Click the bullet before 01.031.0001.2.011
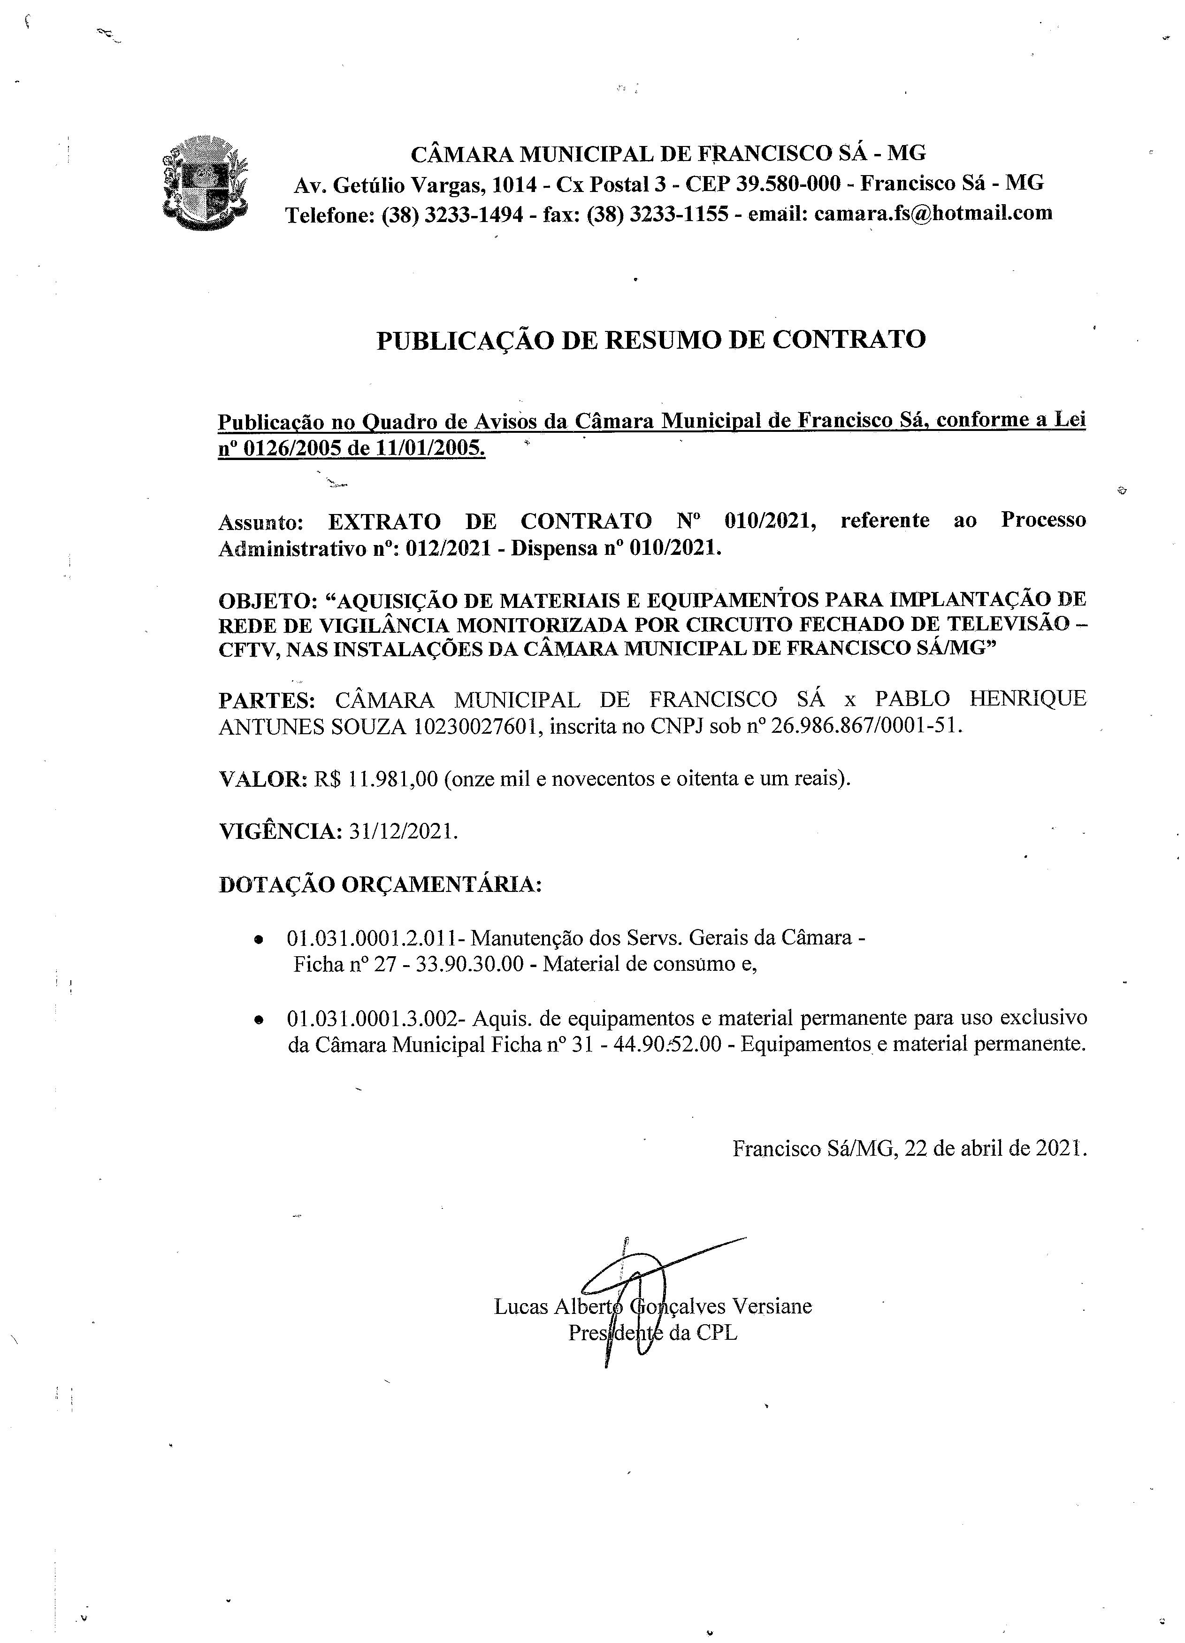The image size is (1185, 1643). pyautogui.click(x=259, y=939)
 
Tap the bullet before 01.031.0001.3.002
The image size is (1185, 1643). pyautogui.click(x=259, y=1019)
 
